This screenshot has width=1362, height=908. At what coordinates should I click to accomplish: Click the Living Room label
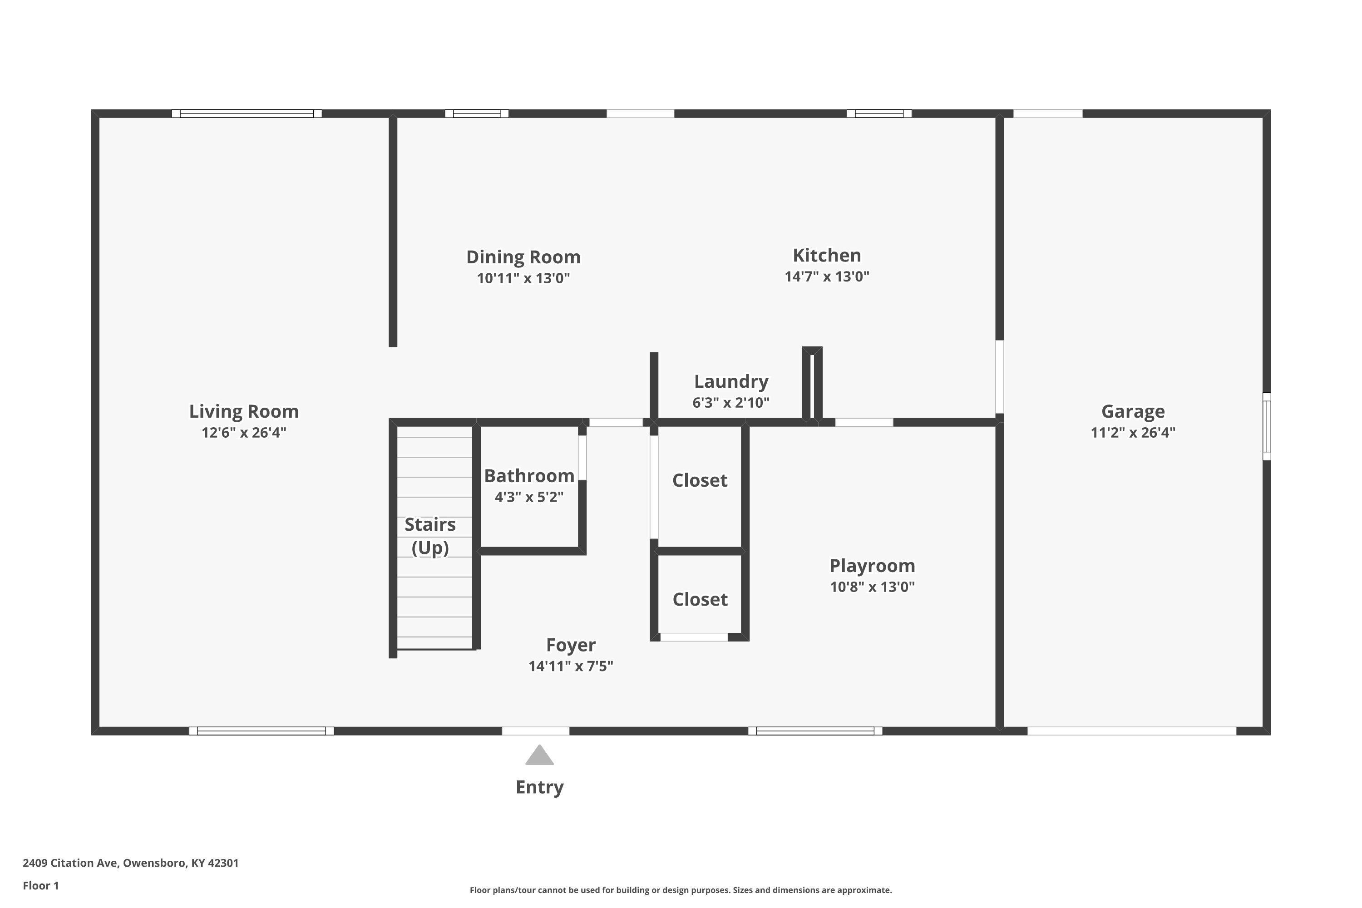pos(244,411)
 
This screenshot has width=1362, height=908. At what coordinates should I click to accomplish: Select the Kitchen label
pos(826,255)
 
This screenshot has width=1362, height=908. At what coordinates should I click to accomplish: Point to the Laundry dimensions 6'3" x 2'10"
pos(731,402)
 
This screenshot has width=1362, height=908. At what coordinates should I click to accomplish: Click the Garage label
pos(1133,411)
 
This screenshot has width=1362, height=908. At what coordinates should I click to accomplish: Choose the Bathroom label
pos(529,476)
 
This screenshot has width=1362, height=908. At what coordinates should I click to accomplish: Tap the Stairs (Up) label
pos(429,536)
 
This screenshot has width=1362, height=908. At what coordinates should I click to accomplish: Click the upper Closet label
pos(700,480)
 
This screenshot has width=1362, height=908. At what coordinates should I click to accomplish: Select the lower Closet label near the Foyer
pos(700,599)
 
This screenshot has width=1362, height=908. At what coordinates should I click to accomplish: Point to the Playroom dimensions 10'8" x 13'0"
pos(872,587)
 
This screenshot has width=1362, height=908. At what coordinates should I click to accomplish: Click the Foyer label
pos(570,645)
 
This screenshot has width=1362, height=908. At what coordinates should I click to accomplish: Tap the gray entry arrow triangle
pos(539,756)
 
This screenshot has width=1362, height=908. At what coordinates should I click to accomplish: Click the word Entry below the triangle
pos(539,787)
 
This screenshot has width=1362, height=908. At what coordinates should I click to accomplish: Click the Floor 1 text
pos(40,885)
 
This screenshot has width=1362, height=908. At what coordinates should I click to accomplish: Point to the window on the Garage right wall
pos(1267,426)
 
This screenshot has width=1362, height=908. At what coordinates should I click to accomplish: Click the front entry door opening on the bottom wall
pos(535,731)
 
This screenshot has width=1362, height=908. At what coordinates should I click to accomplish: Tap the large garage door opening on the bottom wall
pos(1131,731)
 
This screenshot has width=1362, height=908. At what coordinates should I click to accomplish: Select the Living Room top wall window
pos(247,113)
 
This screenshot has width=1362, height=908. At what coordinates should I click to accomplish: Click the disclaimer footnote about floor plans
pos(681,890)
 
